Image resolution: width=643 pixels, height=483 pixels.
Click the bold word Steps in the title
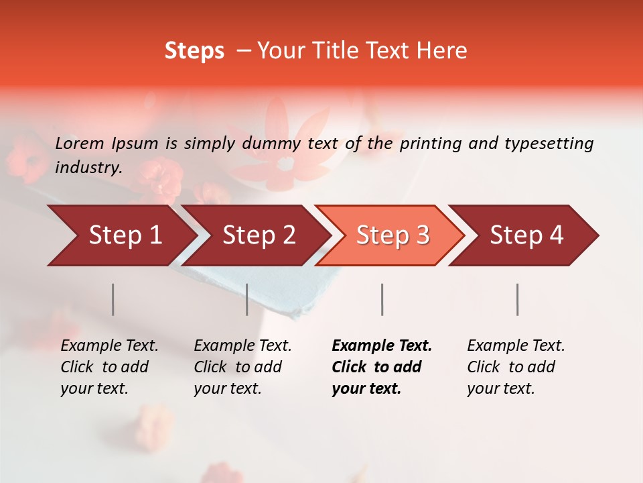(x=194, y=51)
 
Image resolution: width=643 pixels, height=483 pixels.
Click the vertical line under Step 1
(x=113, y=299)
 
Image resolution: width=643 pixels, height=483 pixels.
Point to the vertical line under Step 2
(x=247, y=299)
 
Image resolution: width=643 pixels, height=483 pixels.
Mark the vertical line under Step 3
(x=382, y=299)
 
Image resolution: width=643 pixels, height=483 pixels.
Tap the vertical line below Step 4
(x=517, y=299)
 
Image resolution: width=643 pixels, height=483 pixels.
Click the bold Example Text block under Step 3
(x=382, y=367)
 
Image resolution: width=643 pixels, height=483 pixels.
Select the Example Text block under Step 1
(x=109, y=367)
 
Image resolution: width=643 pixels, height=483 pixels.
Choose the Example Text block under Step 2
(x=242, y=367)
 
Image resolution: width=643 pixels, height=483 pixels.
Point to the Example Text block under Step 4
(x=516, y=367)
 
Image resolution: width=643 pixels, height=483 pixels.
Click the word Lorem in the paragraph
(x=80, y=143)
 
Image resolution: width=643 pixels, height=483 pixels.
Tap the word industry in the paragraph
(x=88, y=167)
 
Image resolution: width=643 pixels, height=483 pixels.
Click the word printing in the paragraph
(x=429, y=143)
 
